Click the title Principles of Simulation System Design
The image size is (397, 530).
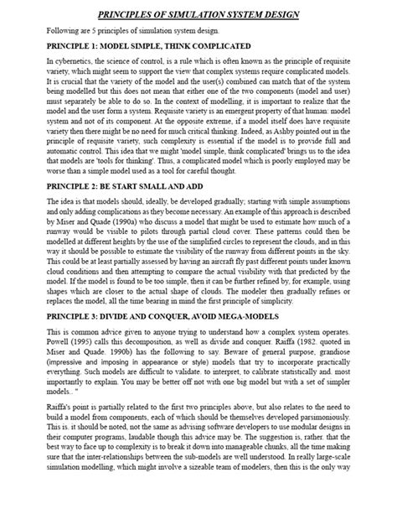tap(198, 14)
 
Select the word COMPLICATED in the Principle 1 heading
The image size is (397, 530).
tap(195, 46)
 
